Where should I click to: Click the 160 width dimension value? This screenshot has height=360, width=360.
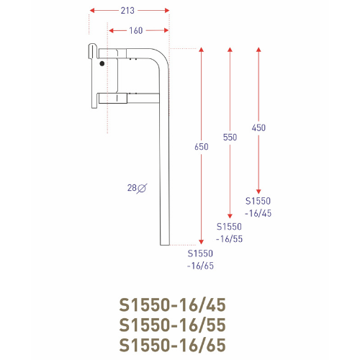(137, 30)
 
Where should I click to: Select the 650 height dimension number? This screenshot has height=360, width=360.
(202, 146)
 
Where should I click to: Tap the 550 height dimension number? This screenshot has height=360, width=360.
(230, 136)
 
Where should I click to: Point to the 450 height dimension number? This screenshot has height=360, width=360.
(258, 127)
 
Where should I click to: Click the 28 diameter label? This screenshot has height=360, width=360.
(131, 188)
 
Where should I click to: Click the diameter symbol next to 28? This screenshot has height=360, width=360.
(142, 188)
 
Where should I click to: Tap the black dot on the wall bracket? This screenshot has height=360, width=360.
(102, 64)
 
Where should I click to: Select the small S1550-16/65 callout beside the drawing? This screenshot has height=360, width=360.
(201, 260)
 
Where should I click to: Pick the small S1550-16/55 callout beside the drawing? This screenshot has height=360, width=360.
(230, 231)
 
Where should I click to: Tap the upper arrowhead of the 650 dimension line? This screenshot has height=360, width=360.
(201, 50)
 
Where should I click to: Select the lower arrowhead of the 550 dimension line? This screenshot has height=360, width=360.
(230, 215)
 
